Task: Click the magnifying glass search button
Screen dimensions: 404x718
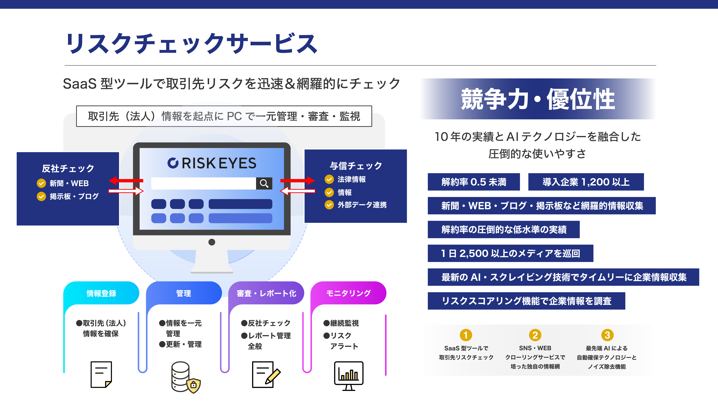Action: coord(264,183)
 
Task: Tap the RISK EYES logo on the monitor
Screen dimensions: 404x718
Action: coord(212,163)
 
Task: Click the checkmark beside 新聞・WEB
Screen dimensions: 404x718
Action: coord(41,183)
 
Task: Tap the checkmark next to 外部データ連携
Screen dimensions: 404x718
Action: coord(329,205)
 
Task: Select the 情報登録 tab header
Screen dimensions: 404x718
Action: coord(101,293)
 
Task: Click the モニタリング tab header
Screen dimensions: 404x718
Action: coord(348,293)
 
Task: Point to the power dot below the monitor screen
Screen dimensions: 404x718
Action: coord(212,242)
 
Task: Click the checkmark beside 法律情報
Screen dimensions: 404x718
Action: coord(329,179)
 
